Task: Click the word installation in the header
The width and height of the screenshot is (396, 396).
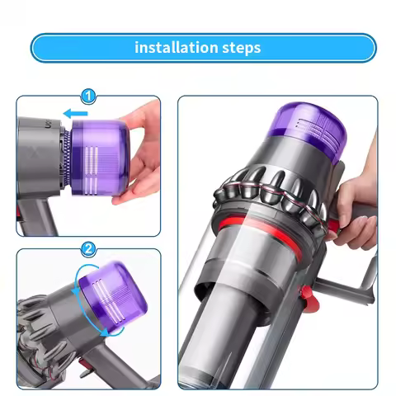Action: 174,47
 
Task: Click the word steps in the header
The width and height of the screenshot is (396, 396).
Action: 240,47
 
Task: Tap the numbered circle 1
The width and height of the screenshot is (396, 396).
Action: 88,97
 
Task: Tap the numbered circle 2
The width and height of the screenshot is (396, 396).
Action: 88,247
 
